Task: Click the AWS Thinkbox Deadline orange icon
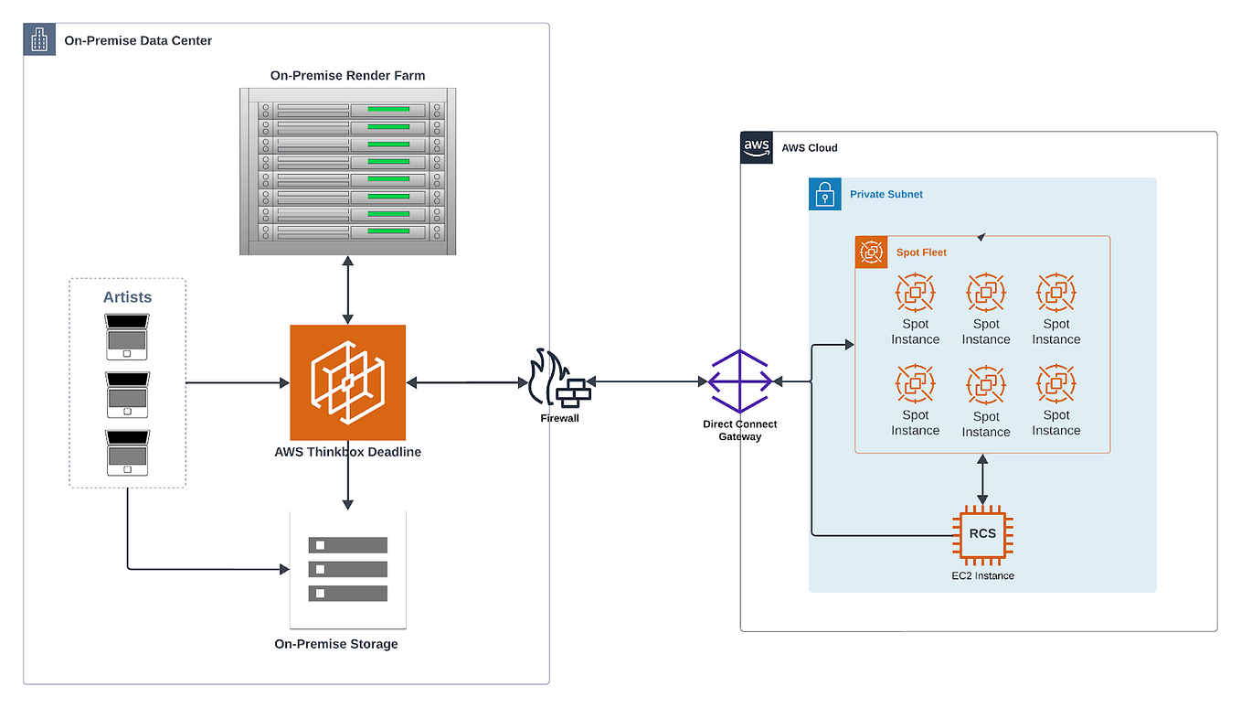pos(347,382)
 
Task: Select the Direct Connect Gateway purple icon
pos(739,381)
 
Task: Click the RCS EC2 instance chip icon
pos(982,535)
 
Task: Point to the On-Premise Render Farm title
pos(347,75)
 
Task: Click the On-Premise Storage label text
pos(336,644)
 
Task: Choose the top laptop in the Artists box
pos(127,335)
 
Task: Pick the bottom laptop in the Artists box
pos(127,452)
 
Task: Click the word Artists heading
pos(127,297)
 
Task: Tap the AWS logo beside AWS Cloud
pos(757,147)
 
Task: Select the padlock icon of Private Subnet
pos(824,194)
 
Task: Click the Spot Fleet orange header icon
pos(871,252)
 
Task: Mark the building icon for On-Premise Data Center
pos(39,39)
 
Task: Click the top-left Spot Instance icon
pos(915,293)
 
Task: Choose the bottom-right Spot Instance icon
pos(1055,384)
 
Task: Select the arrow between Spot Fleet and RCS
pos(982,479)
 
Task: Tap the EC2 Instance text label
pos(982,575)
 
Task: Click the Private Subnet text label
pos(886,194)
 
